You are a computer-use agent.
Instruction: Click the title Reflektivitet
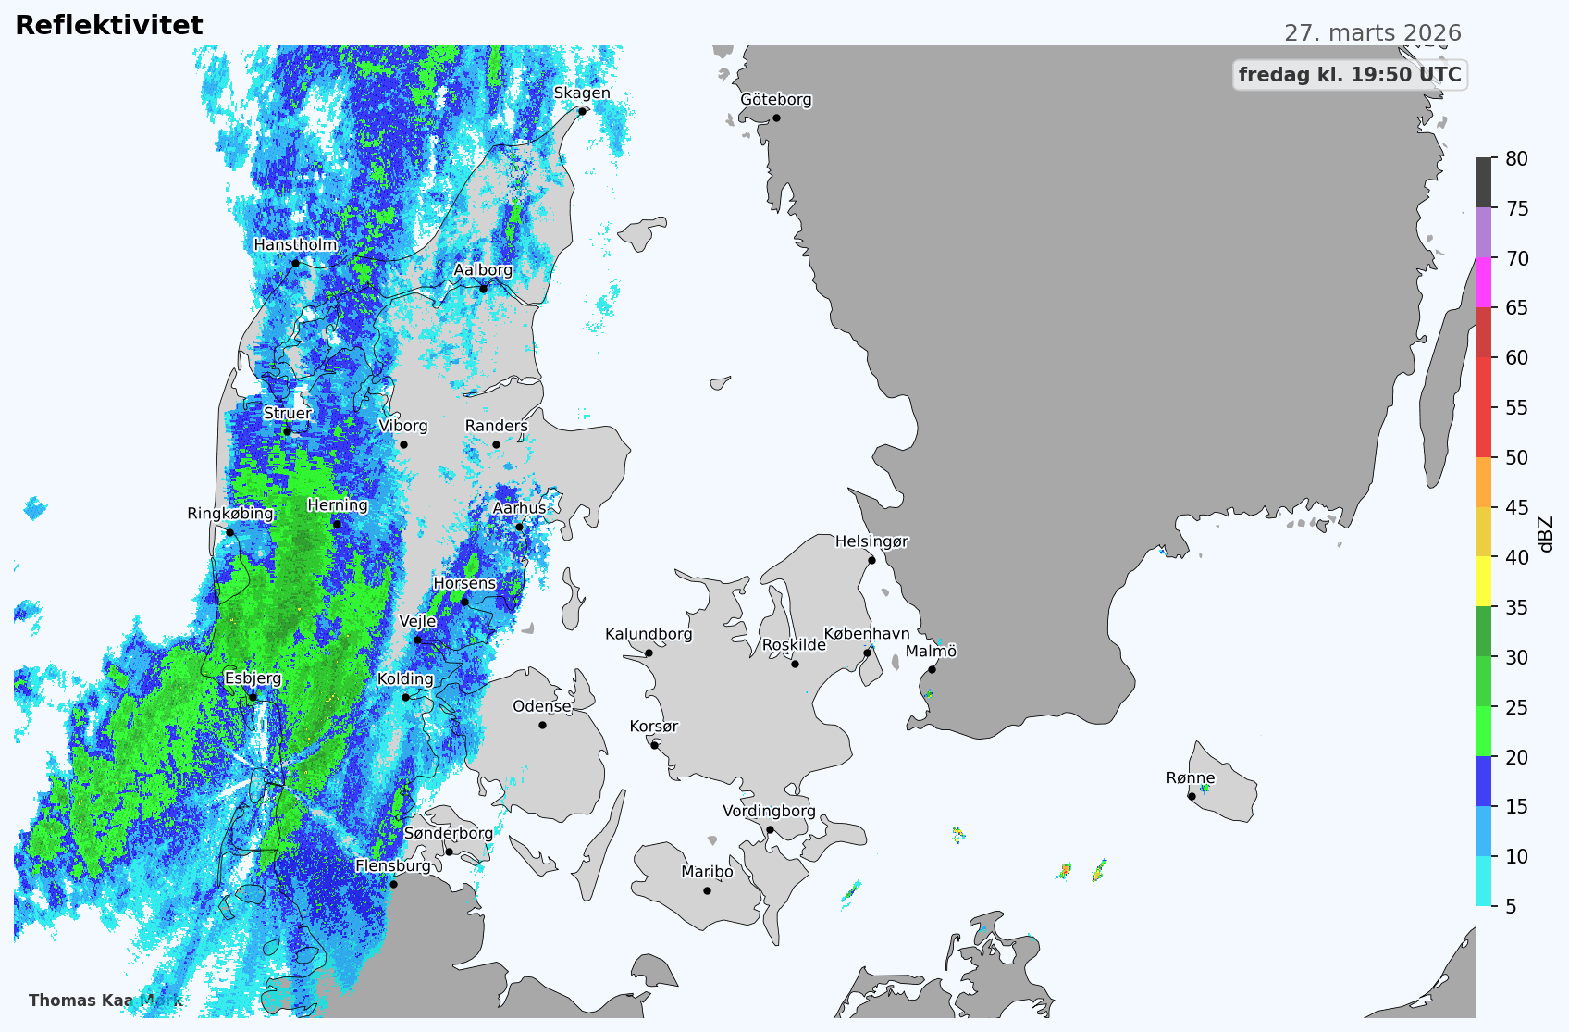[x=109, y=26]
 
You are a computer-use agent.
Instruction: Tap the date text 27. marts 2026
[x=1372, y=33]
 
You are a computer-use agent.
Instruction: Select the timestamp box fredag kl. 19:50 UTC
[x=1350, y=75]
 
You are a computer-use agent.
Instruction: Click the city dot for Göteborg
[x=776, y=118]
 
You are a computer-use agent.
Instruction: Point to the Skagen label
[x=582, y=93]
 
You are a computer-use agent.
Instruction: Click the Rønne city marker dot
[x=1192, y=796]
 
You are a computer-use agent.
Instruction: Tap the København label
[x=867, y=634]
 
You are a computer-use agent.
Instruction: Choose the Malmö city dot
[x=932, y=669]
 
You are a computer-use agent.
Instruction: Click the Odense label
[x=542, y=707]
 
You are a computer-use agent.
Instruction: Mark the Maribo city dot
[x=707, y=890]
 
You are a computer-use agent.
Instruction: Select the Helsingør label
[x=871, y=542]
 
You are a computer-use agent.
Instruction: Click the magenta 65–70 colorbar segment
[x=1484, y=282]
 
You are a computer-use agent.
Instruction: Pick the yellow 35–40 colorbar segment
[x=1484, y=581]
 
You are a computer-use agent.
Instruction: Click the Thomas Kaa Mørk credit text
[x=105, y=1001]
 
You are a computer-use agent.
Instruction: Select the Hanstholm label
[x=295, y=245]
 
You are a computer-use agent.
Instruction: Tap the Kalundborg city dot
[x=649, y=653]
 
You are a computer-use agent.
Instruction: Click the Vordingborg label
[x=769, y=812]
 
